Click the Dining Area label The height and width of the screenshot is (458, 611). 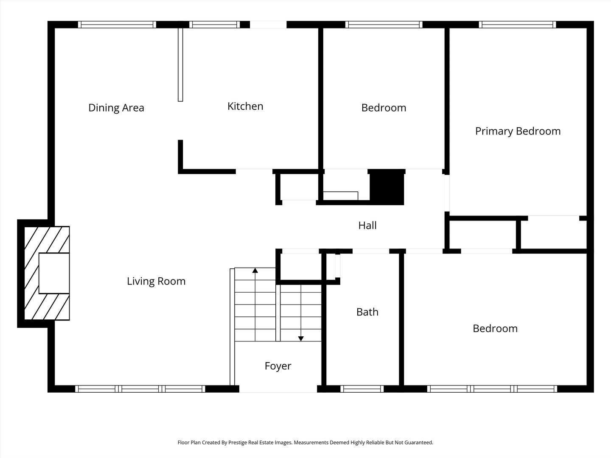click(116, 108)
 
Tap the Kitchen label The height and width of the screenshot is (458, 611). click(245, 106)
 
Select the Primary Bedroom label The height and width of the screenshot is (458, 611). click(518, 131)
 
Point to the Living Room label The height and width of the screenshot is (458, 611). click(156, 281)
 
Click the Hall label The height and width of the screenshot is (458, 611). click(367, 225)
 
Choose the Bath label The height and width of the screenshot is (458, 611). click(367, 312)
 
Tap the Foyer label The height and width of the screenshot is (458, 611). click(278, 366)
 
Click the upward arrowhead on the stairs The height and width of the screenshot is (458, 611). click(255, 270)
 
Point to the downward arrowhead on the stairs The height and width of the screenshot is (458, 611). click(301, 338)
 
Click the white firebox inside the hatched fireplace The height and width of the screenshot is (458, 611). click(54, 273)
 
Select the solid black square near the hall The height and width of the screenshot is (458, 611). click(387, 187)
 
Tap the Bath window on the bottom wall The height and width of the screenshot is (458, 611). click(362, 389)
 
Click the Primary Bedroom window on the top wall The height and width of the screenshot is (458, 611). click(518, 25)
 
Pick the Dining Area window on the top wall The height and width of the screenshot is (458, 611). click(117, 25)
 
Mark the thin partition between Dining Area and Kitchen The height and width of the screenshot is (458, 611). click(180, 64)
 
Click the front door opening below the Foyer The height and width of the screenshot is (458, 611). click(278, 389)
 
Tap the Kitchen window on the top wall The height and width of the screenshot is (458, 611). click(215, 25)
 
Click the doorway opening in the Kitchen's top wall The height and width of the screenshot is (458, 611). click(268, 25)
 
